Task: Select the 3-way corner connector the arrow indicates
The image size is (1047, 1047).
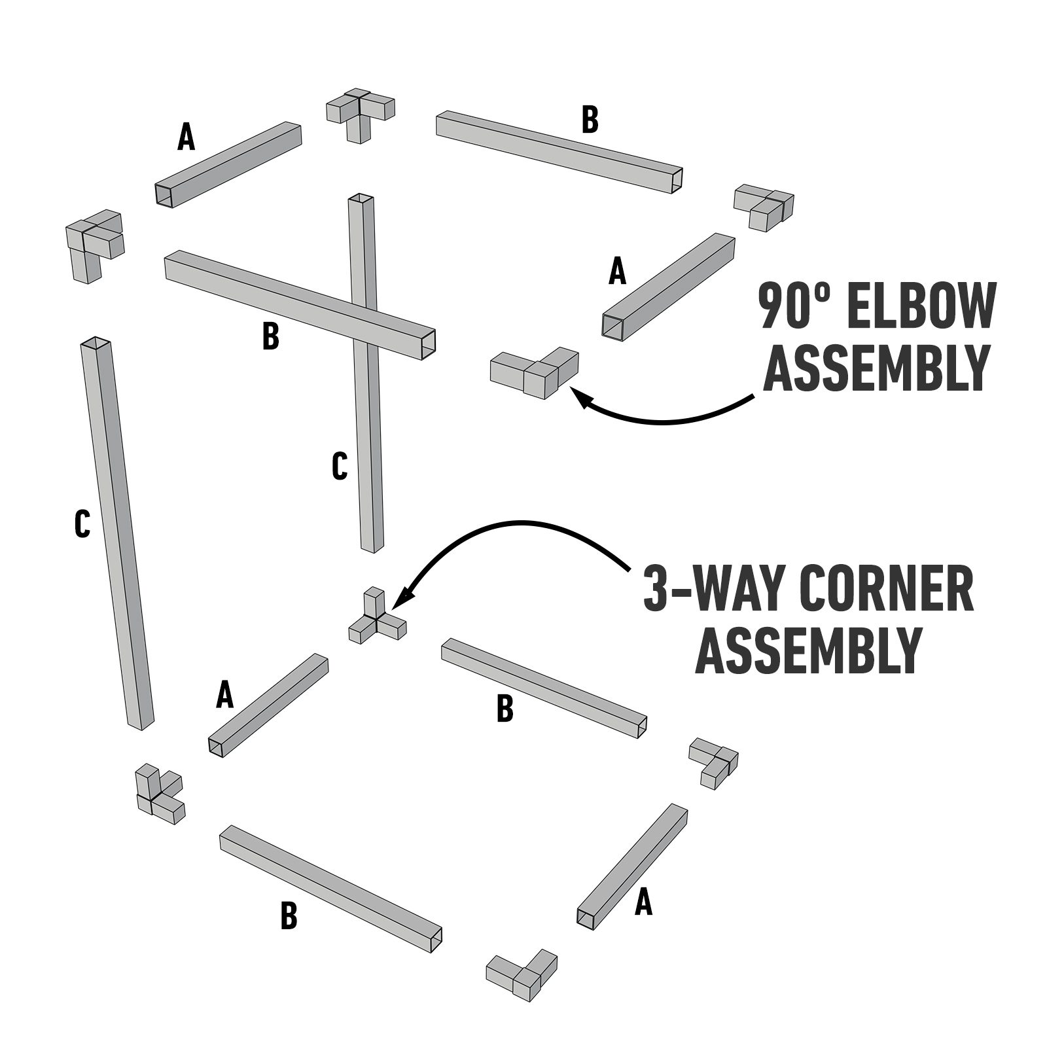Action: [x=376, y=618]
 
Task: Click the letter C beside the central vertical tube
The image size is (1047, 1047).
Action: [x=339, y=466]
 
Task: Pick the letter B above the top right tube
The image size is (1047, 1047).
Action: [x=590, y=120]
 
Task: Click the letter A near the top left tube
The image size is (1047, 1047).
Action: [x=186, y=137]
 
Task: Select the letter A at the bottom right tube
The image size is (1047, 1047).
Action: [x=644, y=904]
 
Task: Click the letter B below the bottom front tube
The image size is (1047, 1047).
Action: [x=289, y=916]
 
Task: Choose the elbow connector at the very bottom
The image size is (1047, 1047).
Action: [x=522, y=974]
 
